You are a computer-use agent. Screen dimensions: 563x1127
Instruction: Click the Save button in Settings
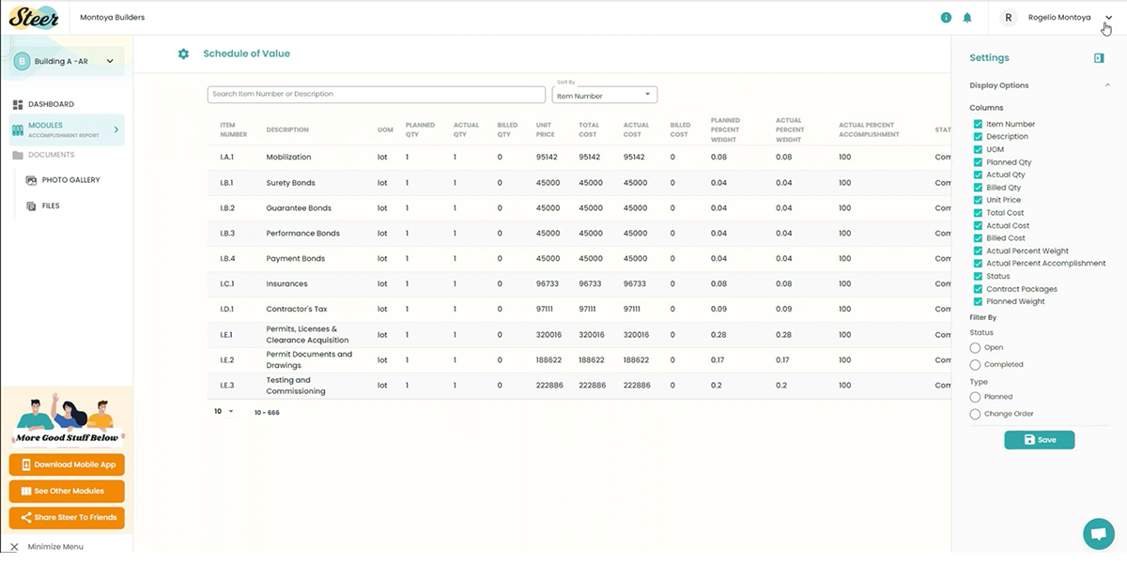(1039, 439)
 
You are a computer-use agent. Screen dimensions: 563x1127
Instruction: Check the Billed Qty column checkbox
(978, 188)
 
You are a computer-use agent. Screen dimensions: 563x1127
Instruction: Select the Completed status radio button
(975, 364)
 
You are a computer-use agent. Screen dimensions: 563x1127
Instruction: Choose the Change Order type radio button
(975, 414)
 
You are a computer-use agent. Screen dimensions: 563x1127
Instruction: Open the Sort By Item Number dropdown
(604, 95)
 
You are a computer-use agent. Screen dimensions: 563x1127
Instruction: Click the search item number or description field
(376, 95)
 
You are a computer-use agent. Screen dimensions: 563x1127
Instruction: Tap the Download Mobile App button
(67, 464)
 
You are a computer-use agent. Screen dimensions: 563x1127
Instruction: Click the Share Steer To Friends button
(67, 517)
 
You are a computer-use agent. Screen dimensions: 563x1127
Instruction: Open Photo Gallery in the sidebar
(70, 180)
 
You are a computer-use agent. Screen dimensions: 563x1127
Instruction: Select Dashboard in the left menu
(51, 104)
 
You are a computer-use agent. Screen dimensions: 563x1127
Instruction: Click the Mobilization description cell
(288, 158)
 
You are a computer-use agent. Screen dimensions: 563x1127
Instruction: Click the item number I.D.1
(226, 309)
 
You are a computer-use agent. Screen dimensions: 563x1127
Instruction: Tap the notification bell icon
(967, 18)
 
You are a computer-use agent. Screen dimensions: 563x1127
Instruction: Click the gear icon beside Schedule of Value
(183, 54)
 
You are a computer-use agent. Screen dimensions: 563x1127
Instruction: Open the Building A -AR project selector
(66, 62)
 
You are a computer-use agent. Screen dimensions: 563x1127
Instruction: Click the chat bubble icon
(1097, 533)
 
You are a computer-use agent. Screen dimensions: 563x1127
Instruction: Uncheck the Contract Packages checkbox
(978, 289)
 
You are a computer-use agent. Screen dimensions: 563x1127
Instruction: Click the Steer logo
(34, 17)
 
